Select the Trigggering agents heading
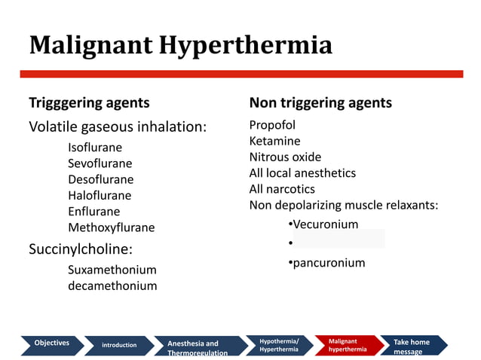89,102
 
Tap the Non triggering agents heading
320,102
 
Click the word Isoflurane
95,148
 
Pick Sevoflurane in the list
100,163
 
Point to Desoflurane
100,179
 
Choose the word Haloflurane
100,195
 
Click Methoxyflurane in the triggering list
111,227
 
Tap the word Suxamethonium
112,270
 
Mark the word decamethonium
112,285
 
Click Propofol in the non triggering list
272,125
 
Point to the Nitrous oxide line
285,157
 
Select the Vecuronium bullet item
325,224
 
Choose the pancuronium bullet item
328,263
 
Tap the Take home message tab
412,346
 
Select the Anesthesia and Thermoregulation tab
198,347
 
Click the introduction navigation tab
119,345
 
